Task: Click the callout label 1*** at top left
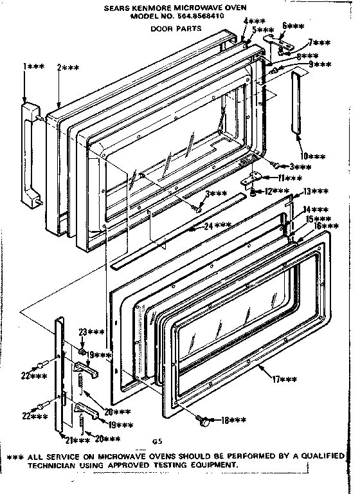pyautogui.click(x=32, y=67)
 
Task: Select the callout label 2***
pyautogui.click(x=67, y=67)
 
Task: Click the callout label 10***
pyautogui.click(x=314, y=156)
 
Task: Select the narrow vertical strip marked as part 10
pyautogui.click(x=296, y=104)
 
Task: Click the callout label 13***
pyautogui.click(x=316, y=192)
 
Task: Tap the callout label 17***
pyautogui.click(x=283, y=380)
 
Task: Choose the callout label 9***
pyautogui.click(x=318, y=64)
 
